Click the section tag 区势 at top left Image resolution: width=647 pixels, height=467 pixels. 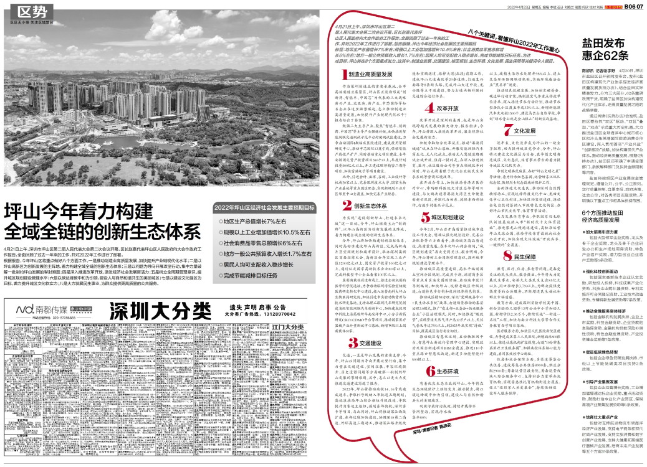(32, 11)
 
